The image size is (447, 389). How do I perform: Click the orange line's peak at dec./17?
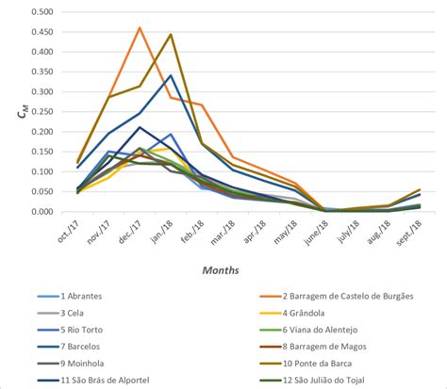coord(140,27)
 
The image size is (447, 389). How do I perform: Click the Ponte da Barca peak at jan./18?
coord(171,35)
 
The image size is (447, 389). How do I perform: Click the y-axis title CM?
coord(10,112)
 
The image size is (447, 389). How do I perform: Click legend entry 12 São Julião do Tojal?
coord(327,381)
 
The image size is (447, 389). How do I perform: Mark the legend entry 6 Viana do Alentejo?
coord(325,330)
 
